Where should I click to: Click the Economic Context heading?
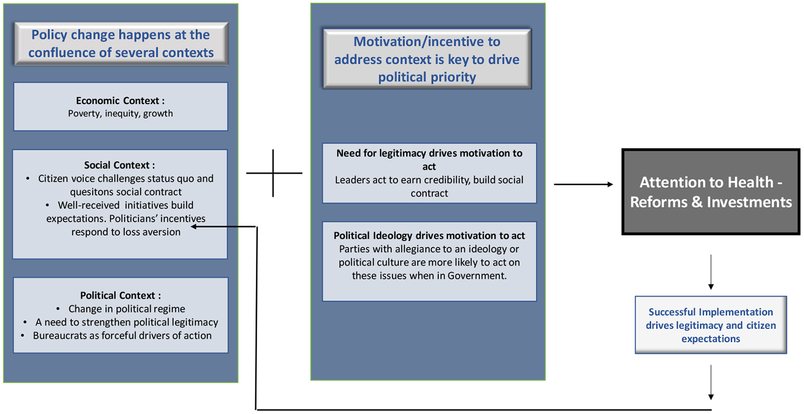pyautogui.click(x=120, y=101)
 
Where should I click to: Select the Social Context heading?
pyautogui.click(x=119, y=165)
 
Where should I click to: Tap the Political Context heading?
pyautogui.click(x=120, y=296)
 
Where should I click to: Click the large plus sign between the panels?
pyautogui.click(x=273, y=173)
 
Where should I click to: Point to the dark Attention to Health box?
pyautogui.click(x=711, y=192)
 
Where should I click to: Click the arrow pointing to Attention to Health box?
pyautogui.click(x=583, y=184)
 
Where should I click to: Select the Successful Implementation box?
pyautogui.click(x=711, y=325)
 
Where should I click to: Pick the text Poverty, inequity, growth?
pyautogui.click(x=120, y=113)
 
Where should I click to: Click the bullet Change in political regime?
pyautogui.click(x=127, y=309)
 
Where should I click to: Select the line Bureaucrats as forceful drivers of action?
pyautogui.click(x=122, y=336)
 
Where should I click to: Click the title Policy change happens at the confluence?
pyautogui.click(x=121, y=44)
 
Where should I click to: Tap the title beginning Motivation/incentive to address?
pyautogui.click(x=427, y=59)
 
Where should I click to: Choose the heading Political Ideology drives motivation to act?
pyautogui.click(x=429, y=236)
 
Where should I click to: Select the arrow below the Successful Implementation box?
pyautogui.click(x=711, y=382)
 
